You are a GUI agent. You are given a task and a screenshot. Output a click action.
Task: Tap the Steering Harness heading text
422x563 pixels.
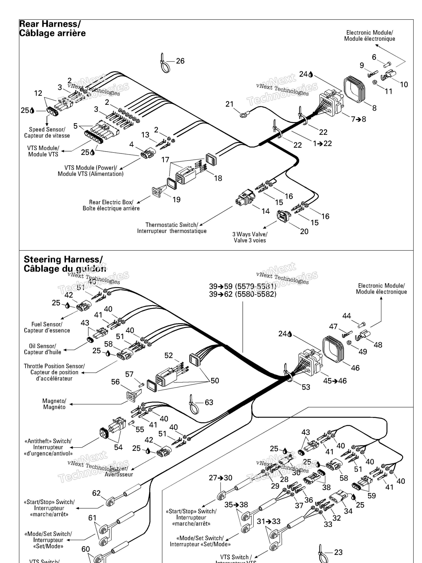[65, 264]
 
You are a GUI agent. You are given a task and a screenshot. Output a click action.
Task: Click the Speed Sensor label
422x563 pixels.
[47, 132]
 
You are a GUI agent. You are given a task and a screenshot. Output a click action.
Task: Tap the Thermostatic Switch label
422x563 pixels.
[172, 228]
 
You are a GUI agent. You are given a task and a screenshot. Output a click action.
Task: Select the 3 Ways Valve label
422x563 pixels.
[250, 237]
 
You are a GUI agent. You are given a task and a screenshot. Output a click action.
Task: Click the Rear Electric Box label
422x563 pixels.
[111, 205]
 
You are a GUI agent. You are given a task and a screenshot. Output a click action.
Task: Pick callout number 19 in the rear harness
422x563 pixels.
[176, 200]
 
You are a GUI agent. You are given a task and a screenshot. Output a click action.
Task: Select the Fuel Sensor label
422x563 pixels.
[47, 327]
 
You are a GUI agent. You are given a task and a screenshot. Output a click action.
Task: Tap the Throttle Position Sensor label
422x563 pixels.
[54, 372]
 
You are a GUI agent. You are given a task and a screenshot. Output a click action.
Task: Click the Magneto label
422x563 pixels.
[54, 404]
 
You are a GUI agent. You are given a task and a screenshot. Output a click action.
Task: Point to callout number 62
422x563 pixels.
[96, 493]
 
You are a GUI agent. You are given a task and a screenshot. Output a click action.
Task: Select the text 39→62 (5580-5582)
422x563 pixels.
[243, 294]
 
